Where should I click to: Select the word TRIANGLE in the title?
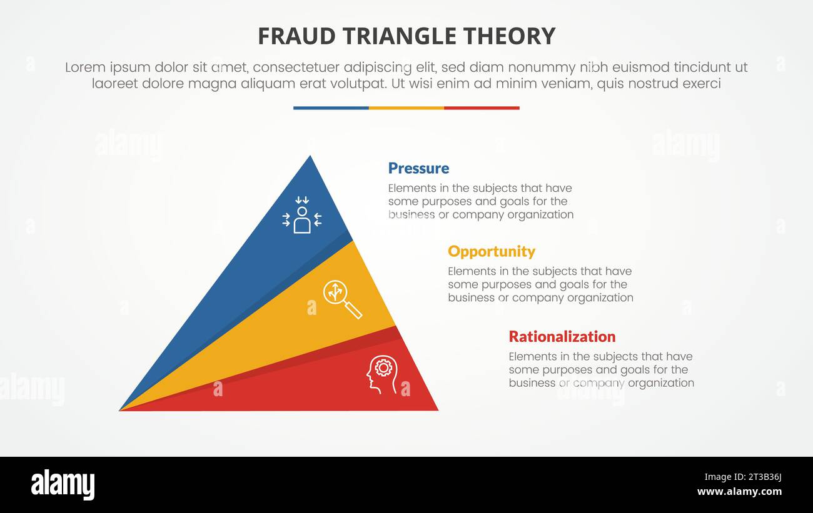[399, 37]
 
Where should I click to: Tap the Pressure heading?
[418, 168]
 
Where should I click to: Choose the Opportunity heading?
[491, 251]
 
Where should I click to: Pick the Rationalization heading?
[562, 336]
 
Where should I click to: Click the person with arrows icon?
[302, 215]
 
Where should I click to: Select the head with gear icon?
[381, 374]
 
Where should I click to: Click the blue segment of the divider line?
[331, 108]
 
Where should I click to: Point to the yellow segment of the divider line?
[406, 108]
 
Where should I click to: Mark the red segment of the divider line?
[482, 108]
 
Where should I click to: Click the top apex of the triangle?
[310, 157]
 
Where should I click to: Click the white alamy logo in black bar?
[63, 485]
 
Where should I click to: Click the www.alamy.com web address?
[739, 492]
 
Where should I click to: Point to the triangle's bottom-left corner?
[121, 409]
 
